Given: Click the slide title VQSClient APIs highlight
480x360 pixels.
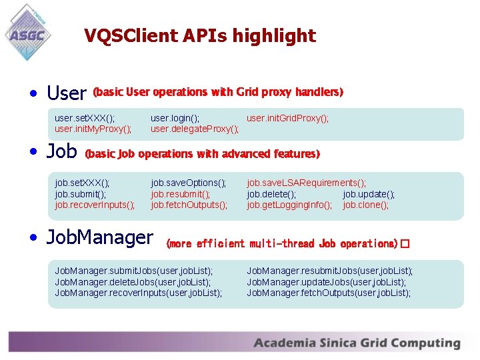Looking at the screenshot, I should point(200,35).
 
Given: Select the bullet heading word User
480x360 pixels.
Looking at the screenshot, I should point(67,93).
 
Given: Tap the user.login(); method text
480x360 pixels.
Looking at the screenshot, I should point(175,118).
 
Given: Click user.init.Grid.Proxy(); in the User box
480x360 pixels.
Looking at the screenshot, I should point(287,118).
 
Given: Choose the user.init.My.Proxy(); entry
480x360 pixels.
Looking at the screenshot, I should point(93,129).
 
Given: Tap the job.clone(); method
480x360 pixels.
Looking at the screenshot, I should point(365,205).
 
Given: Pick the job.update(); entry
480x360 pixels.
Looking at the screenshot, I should point(369,194).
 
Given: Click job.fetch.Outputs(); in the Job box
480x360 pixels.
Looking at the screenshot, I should point(189,205).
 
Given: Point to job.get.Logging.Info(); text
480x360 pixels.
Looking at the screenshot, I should point(289,205).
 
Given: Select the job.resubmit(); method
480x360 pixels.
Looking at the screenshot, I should point(180,194).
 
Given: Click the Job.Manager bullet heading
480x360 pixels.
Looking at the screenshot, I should point(100,237).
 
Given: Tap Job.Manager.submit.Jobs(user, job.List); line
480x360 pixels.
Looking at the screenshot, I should point(134,271).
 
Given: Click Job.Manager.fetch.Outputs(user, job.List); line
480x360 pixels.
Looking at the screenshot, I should point(329,293).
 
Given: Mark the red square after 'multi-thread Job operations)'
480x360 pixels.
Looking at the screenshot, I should point(405,244).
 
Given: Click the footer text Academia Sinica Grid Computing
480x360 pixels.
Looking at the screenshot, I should point(357,343).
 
